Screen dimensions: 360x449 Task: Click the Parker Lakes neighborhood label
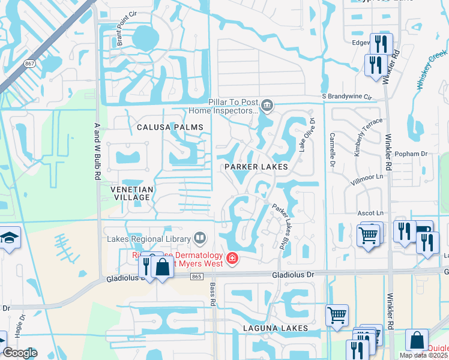tap(256, 166)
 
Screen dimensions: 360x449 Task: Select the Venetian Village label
tap(131, 193)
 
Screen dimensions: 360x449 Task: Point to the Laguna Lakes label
tap(276, 328)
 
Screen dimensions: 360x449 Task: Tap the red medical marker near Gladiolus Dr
tap(232, 259)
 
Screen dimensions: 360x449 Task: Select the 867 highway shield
tap(29, 63)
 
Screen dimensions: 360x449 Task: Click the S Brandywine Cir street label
tap(347, 96)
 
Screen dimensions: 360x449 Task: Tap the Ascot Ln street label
tap(370, 213)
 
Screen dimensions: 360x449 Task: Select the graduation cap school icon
tap(10, 238)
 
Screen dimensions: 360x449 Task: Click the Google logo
tap(20, 353)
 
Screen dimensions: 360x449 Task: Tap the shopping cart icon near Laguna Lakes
tap(337, 314)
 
